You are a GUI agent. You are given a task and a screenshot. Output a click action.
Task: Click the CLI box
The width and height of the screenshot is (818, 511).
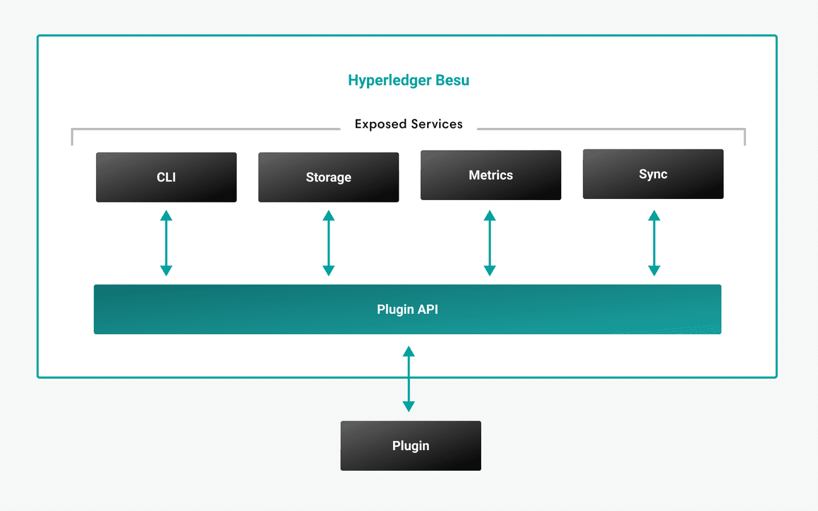166,177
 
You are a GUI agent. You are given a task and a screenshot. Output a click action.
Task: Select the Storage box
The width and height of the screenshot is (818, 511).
328,177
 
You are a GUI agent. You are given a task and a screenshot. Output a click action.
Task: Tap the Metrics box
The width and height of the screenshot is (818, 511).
491,175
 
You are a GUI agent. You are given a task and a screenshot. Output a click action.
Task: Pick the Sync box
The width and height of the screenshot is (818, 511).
653,174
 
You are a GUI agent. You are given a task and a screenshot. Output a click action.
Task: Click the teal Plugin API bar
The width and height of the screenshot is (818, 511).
407,309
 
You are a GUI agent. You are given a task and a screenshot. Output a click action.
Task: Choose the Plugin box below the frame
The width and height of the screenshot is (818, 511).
411,446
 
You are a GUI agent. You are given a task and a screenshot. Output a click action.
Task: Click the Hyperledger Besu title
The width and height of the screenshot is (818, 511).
408,80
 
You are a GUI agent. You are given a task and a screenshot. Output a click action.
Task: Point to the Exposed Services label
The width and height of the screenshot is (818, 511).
408,124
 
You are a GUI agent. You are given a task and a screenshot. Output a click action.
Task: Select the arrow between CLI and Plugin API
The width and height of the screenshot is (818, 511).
166,243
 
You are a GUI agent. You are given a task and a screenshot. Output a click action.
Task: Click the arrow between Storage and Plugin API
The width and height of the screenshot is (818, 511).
328,243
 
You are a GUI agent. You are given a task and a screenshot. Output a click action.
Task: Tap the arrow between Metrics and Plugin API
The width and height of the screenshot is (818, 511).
490,243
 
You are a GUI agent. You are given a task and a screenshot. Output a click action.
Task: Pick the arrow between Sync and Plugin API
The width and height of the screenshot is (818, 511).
654,243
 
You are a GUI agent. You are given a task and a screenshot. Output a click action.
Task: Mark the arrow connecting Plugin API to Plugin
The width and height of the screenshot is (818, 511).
408,379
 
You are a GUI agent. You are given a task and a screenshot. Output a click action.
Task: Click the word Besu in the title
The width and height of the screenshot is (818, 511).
452,80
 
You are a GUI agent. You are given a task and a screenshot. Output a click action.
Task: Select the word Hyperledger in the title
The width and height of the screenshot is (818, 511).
390,81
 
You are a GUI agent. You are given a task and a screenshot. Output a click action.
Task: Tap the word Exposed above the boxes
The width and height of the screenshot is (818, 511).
381,124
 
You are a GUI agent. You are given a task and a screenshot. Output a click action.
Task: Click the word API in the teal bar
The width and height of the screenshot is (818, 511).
427,309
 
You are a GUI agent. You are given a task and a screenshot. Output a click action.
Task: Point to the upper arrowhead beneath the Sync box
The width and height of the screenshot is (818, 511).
654,216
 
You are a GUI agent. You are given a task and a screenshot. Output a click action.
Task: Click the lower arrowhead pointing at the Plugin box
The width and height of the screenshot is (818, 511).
408,406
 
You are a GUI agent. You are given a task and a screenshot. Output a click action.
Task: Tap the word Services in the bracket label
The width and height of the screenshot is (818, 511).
436,124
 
